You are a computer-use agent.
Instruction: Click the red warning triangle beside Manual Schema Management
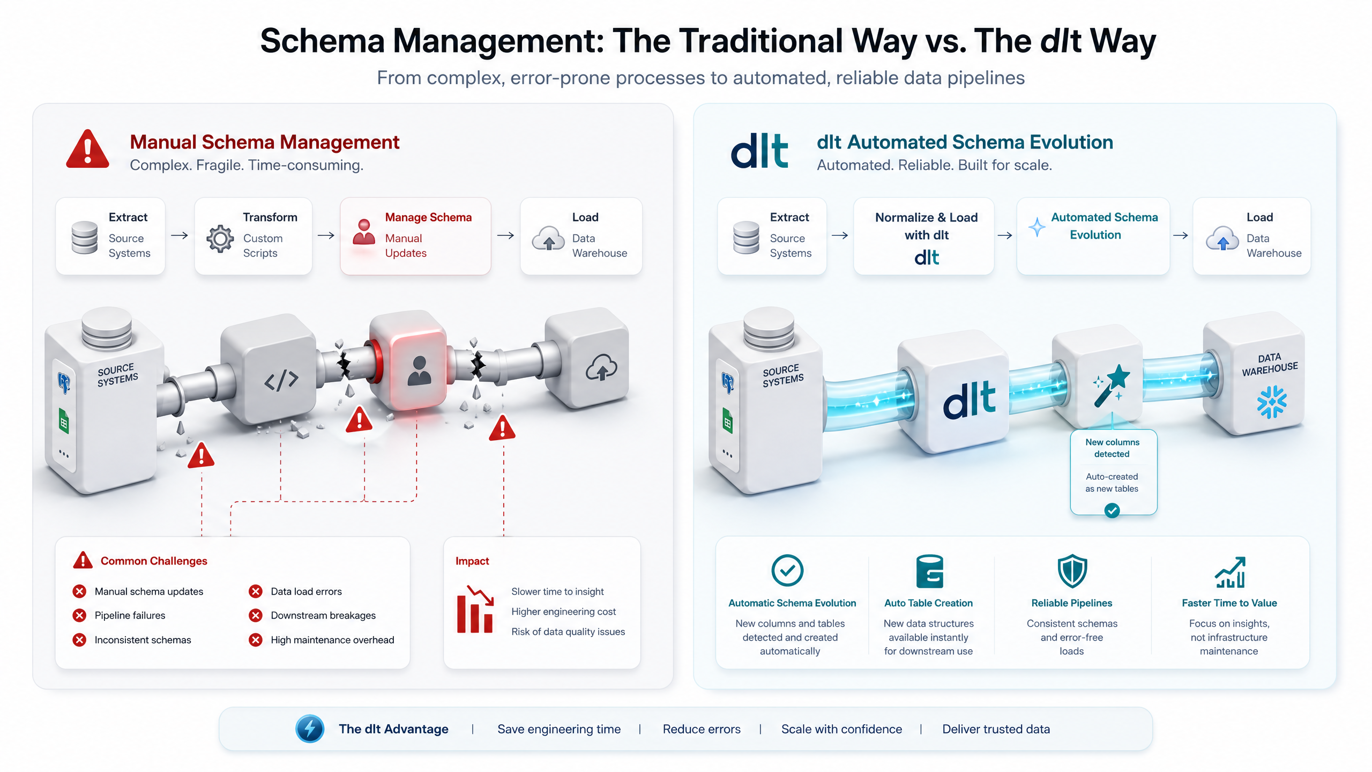coord(88,149)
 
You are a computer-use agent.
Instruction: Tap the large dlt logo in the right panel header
coord(759,151)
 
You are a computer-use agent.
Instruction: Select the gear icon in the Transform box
coord(220,239)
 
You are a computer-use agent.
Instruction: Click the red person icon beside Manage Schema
coord(364,232)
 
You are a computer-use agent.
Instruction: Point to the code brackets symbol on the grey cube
coord(281,380)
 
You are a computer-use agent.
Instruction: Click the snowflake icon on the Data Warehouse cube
coord(1271,402)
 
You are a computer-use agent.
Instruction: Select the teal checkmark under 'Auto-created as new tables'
coord(1112,510)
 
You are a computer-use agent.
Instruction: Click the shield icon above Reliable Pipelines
coord(1072,571)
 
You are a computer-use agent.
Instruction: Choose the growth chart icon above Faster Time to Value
coord(1229,573)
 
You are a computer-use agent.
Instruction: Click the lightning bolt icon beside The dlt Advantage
coord(310,729)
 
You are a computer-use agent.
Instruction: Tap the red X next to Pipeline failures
coord(79,615)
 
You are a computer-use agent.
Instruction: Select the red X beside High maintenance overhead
coord(256,640)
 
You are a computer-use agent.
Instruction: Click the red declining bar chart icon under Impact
coord(475,610)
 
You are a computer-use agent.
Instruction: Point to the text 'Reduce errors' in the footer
coord(702,729)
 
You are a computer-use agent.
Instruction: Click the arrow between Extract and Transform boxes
coord(180,235)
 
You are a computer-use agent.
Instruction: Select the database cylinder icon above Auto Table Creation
coord(929,571)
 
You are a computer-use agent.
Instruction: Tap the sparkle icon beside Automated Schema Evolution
coord(1037,227)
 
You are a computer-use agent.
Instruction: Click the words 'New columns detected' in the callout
coord(1112,448)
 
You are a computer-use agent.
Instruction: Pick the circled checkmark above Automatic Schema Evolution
coord(787,570)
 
